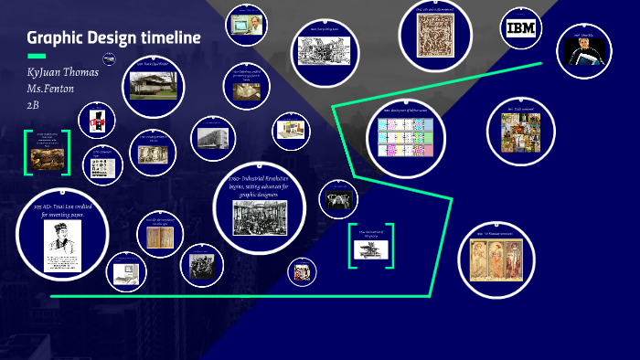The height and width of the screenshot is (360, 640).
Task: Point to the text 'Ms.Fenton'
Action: pos(53,88)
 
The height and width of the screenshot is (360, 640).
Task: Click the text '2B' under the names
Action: pos(34,104)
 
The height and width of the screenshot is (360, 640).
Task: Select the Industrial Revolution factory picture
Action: pos(260,217)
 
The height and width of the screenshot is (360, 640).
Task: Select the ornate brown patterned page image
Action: pos(434,37)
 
